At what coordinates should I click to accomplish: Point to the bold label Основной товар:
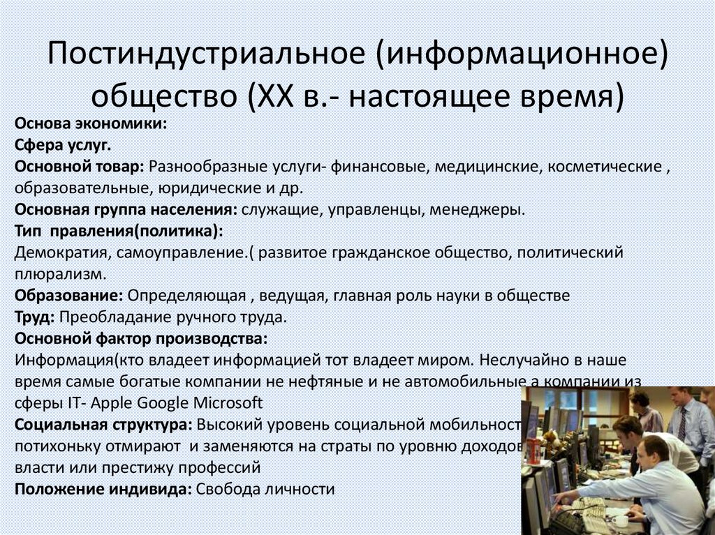coord(79,167)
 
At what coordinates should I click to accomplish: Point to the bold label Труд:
coord(34,317)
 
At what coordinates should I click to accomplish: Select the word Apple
coord(111,404)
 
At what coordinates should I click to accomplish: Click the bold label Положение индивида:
coord(103,489)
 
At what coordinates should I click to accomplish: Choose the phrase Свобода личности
coord(265,489)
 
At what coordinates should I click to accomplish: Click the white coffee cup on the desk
coord(619,520)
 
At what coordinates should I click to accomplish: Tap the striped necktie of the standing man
coord(681,423)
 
